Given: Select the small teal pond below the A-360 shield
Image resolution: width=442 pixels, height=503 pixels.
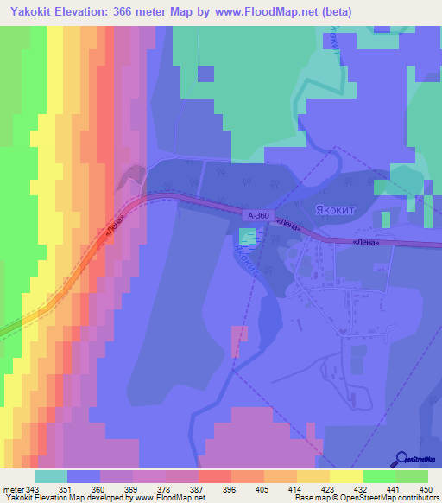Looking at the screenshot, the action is (248, 235).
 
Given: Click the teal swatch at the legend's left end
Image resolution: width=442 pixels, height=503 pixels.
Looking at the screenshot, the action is (51, 476).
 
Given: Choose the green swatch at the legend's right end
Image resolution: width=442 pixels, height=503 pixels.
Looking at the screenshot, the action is (412, 476).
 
